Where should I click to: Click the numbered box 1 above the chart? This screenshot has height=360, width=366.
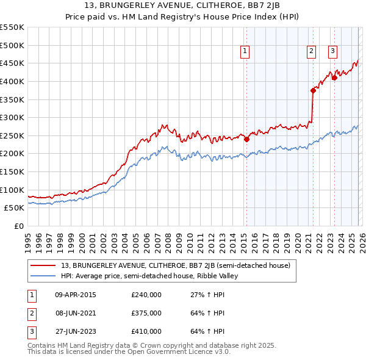point(245,52)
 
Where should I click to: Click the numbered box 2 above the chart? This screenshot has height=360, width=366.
point(311,52)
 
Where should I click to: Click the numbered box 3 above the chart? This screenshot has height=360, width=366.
point(333,52)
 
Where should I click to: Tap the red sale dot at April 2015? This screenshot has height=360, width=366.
point(247,139)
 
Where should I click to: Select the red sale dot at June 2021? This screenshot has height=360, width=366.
point(313,90)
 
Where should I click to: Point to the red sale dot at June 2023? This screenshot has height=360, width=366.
point(335,77)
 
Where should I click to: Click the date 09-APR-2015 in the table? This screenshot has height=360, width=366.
point(76,295)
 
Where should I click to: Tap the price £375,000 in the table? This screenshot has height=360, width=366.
point(146,313)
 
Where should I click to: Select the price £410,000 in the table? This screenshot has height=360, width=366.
point(146,331)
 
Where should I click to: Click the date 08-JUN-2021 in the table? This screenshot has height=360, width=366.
point(76,313)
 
